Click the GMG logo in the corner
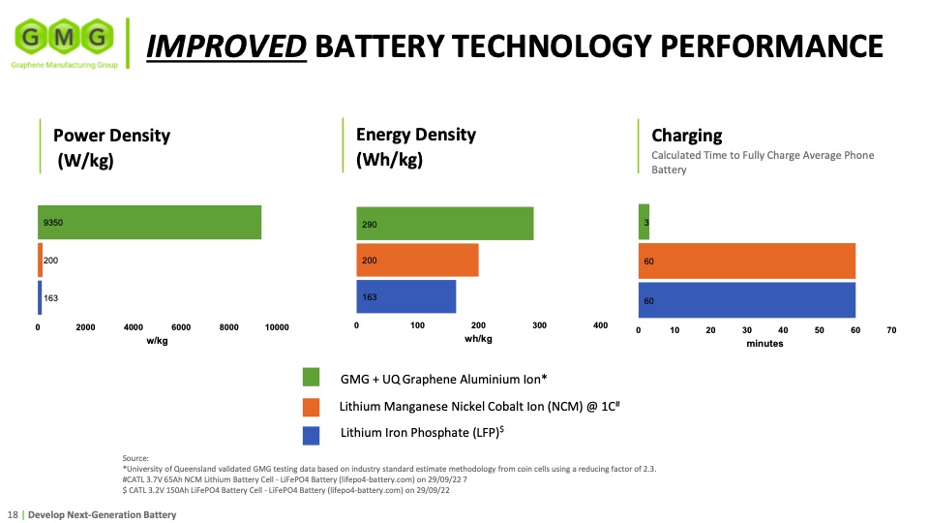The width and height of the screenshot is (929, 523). click(x=62, y=40)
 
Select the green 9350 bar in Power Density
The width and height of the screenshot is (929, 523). click(x=150, y=223)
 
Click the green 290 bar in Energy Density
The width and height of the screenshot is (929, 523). click(x=445, y=224)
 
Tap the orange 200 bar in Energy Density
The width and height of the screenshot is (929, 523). click(x=417, y=261)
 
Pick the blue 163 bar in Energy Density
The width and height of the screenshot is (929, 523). click(x=406, y=296)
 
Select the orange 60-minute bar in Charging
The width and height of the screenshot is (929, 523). click(x=746, y=261)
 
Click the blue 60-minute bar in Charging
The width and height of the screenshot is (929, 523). click(x=746, y=300)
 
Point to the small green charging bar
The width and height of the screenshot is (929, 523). click(x=644, y=222)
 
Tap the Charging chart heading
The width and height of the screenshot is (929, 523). click(x=687, y=136)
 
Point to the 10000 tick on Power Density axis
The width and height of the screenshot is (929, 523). click(x=277, y=327)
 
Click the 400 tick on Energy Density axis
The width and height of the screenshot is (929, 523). click(x=600, y=325)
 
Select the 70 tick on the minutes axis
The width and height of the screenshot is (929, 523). click(x=891, y=330)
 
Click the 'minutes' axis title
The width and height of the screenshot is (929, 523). click(x=764, y=344)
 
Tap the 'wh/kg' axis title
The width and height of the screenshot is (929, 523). click(x=478, y=339)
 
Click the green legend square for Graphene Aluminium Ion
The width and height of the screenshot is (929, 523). click(x=312, y=377)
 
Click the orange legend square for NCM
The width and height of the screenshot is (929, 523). click(x=312, y=406)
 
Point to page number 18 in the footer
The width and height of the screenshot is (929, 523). click(x=14, y=514)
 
